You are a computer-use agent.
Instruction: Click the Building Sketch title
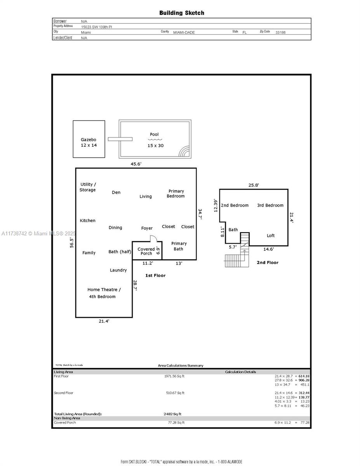[x=181, y=13]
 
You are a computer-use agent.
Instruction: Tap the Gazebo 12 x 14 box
[x=89, y=139]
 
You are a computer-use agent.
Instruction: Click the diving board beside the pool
[x=120, y=139]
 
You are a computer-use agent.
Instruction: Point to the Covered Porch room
[x=146, y=251]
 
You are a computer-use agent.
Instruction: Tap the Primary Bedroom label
[x=176, y=193]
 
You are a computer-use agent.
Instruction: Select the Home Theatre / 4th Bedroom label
[x=104, y=293]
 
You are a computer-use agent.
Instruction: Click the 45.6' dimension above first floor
[x=136, y=164]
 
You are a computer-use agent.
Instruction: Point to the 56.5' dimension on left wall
[x=71, y=243]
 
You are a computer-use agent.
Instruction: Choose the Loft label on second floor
[x=271, y=235]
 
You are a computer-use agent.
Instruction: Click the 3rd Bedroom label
[x=270, y=205]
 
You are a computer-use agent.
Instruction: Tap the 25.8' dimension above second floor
[x=254, y=185]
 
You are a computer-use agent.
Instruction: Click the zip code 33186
[x=280, y=33]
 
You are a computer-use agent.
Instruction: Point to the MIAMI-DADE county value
[x=184, y=33]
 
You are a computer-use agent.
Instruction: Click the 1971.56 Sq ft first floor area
[x=174, y=376]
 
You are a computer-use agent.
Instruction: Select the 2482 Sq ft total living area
[x=172, y=414]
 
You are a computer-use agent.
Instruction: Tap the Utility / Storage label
[x=88, y=187]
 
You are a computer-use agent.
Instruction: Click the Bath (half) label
[x=120, y=252]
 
